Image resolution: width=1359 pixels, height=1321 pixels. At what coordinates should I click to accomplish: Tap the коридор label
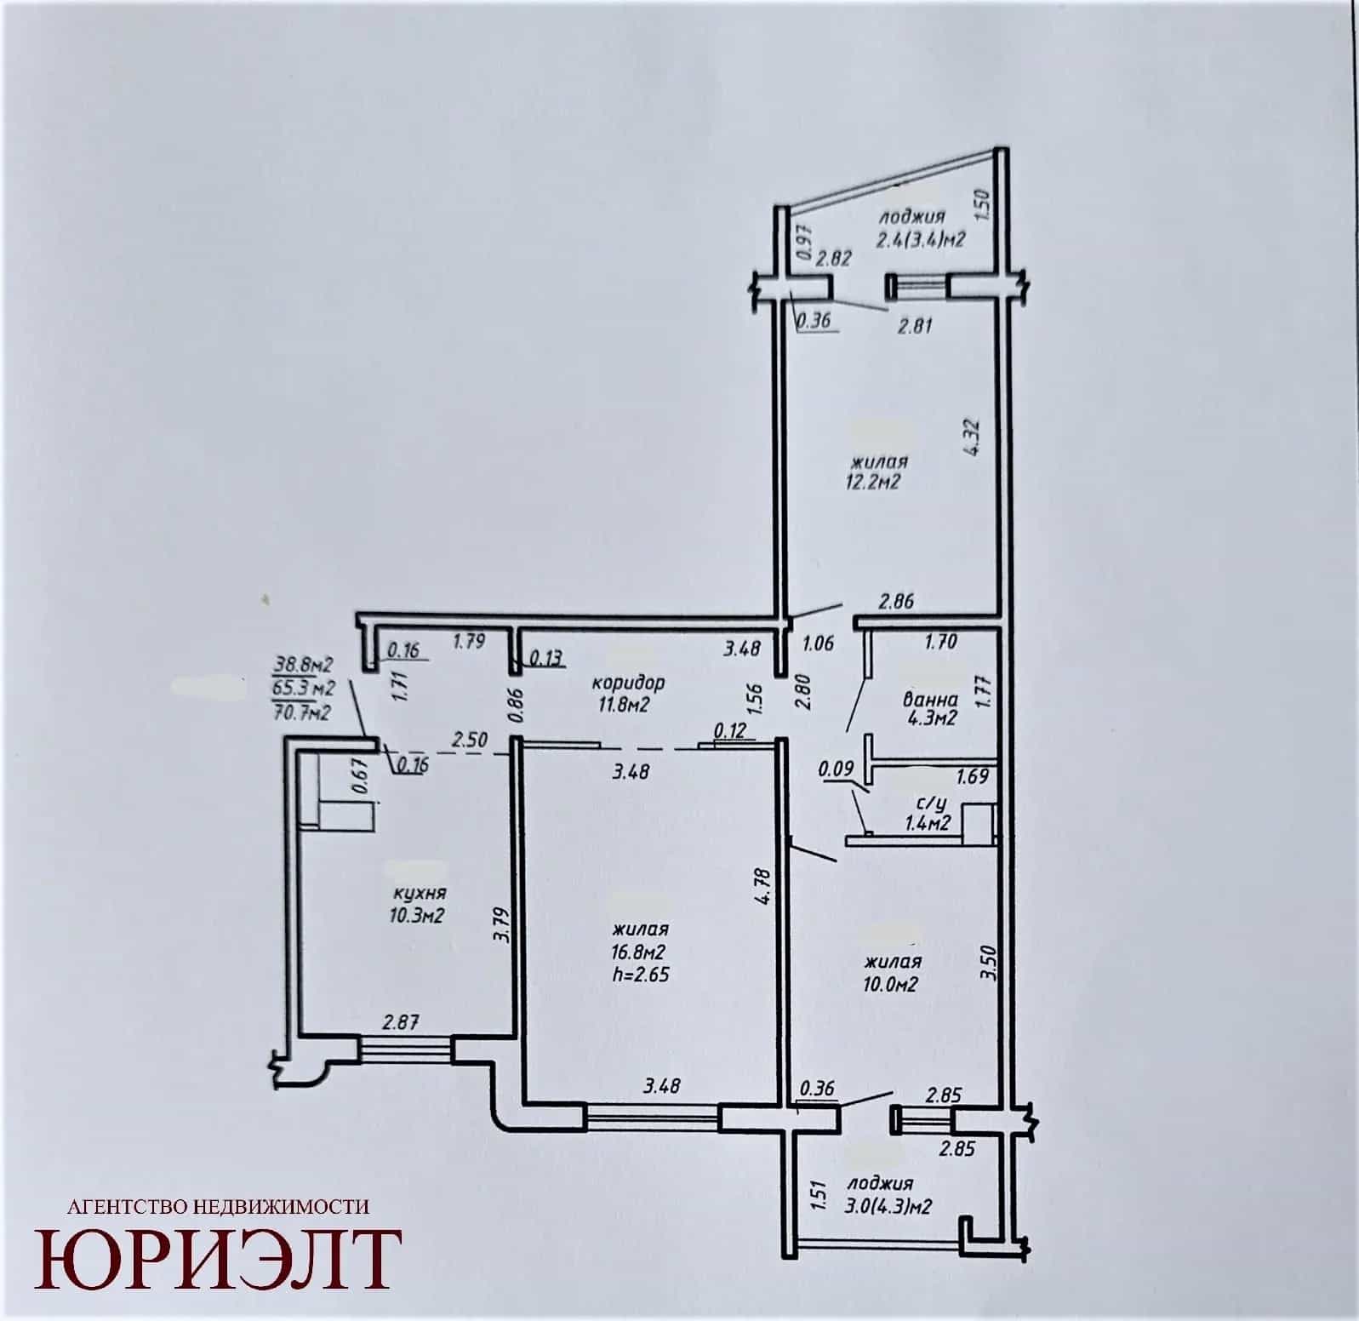click(x=629, y=682)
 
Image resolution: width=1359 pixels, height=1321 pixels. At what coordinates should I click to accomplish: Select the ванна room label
click(x=930, y=700)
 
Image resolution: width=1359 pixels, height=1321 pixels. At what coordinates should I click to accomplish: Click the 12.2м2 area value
click(x=874, y=482)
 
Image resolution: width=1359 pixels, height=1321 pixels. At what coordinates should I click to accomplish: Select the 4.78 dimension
click(x=762, y=886)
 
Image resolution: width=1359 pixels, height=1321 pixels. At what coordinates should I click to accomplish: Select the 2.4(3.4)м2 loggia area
click(x=921, y=239)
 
